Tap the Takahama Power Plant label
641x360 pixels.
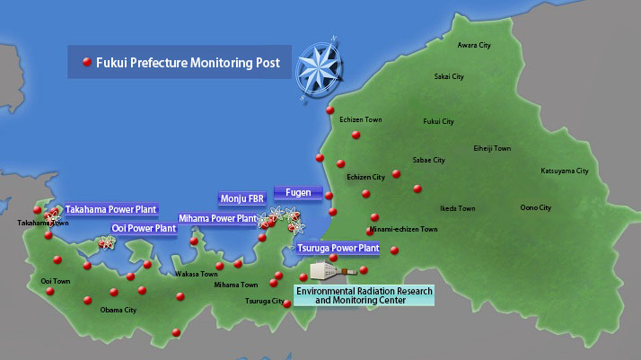tap(110, 209)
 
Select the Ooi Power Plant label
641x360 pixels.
tap(144, 229)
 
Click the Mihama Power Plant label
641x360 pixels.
tap(217, 218)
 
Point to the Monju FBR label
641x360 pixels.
tap(241, 198)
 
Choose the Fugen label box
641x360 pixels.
tap(298, 192)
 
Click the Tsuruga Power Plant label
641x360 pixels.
tap(338, 248)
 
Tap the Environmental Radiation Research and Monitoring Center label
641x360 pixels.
tap(364, 295)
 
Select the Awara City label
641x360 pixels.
tap(474, 45)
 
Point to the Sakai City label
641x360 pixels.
tap(449, 77)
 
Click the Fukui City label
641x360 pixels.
tap(438, 121)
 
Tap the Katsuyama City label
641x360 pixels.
tap(564, 171)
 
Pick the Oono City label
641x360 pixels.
tap(536, 207)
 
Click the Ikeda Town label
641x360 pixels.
tap(457, 207)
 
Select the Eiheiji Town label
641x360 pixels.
tap(491, 148)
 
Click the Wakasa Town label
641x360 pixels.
tap(196, 274)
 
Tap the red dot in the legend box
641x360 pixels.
tap(87, 63)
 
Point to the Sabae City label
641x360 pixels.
tap(428, 160)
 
